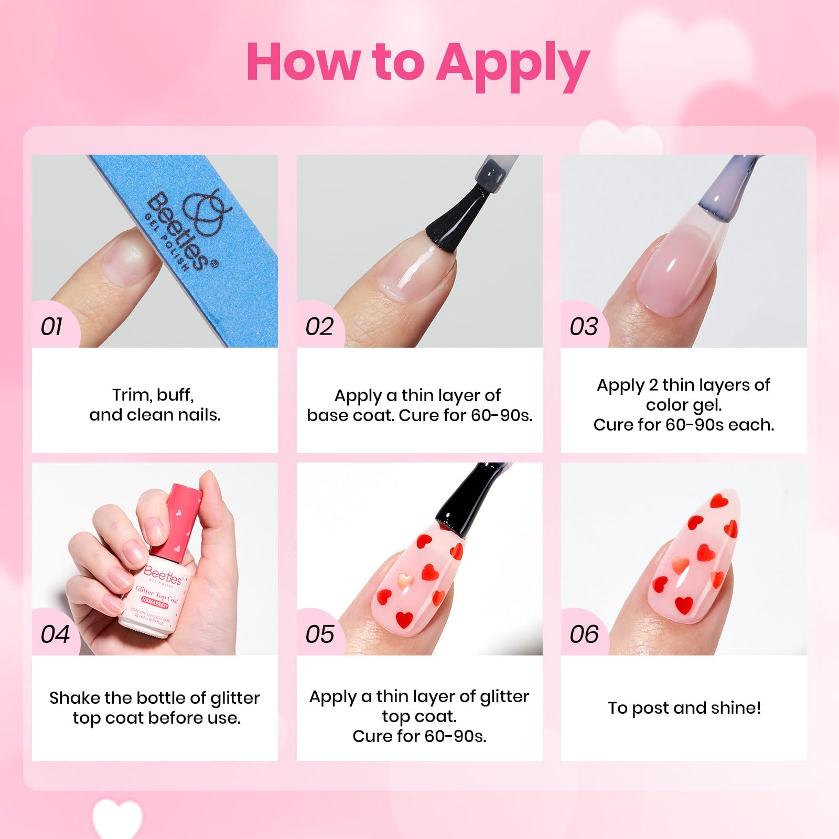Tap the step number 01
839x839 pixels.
pos(52,327)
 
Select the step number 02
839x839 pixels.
pos(319,327)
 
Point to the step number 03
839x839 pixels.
pos(584,327)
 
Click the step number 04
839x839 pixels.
pos(55,634)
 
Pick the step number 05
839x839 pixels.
pos(320,634)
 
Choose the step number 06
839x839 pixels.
pos(584,634)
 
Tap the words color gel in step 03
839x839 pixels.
pos(684,405)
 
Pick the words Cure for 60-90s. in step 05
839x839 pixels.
pos(419,736)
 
